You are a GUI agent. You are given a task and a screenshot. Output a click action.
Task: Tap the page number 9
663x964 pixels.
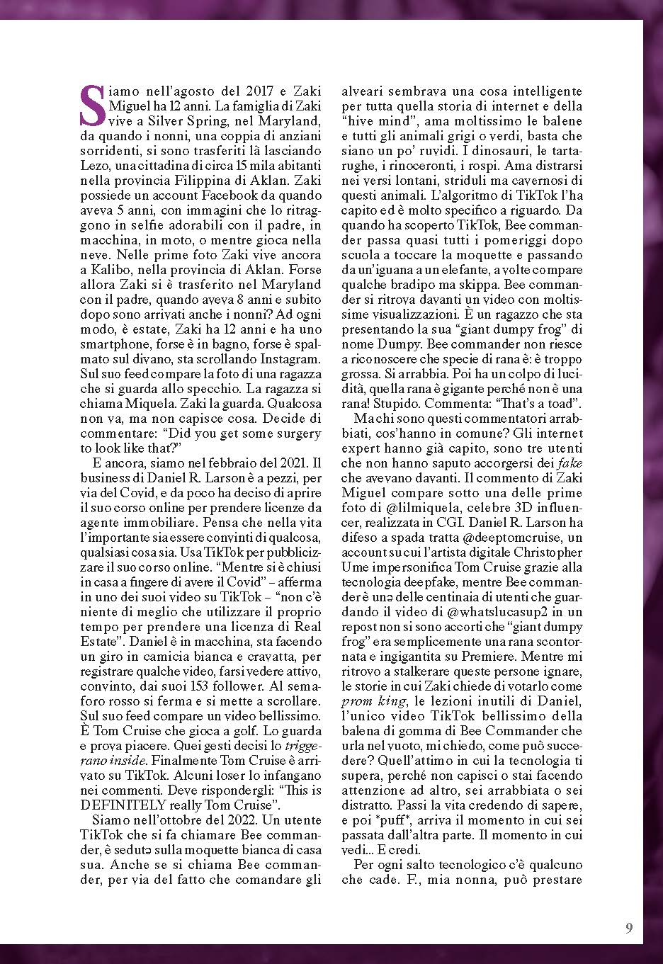pyautogui.click(x=629, y=929)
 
